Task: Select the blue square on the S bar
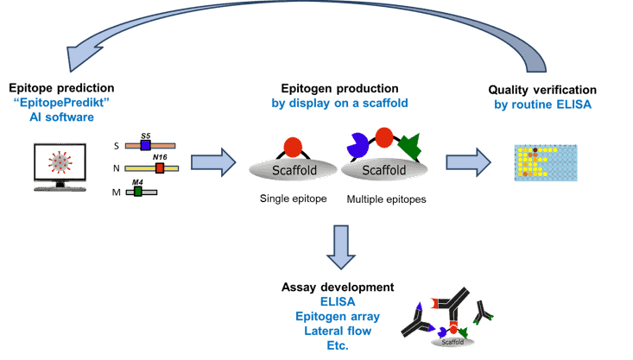tap(146, 146)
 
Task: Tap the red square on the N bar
tap(160, 168)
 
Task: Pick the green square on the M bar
tap(138, 191)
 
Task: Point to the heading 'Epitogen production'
tap(339, 89)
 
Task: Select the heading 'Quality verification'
tap(542, 90)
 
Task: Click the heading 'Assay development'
tap(338, 287)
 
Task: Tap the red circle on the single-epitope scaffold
tap(293, 146)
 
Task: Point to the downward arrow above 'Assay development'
tap(342, 247)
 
